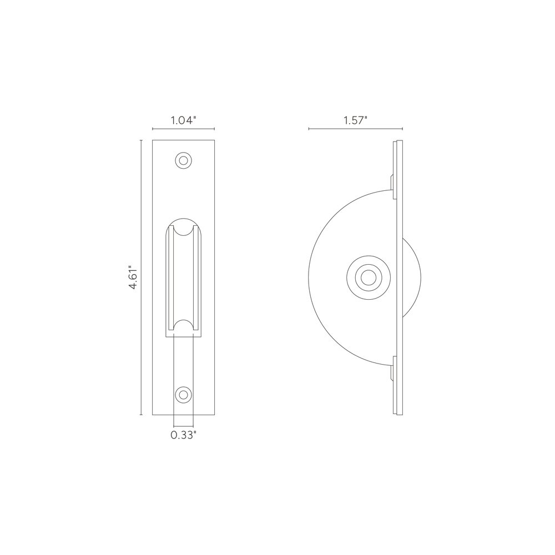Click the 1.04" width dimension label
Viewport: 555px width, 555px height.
183,120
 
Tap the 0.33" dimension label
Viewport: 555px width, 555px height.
183,436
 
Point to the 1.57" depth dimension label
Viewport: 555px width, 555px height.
356,120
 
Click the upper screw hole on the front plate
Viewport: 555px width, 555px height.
183,160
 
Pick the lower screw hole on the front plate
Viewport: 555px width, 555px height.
183,395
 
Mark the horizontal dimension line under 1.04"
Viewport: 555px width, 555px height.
183,129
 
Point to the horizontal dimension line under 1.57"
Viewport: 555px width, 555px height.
356,129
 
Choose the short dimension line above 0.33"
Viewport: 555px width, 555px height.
183,426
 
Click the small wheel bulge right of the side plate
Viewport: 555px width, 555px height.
413,275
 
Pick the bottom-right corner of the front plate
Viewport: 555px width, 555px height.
214,415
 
